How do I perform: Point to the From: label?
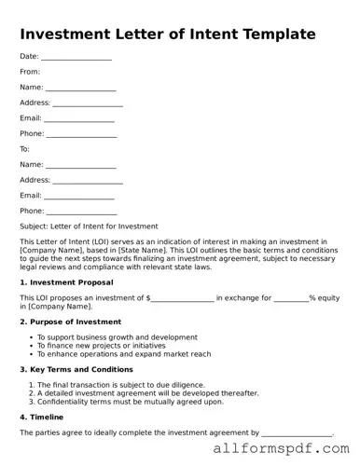[30, 71]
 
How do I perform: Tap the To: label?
[25, 148]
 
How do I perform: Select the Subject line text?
[89, 226]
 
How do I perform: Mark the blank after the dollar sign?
[182, 298]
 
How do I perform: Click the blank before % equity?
[291, 298]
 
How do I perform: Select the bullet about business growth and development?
[117, 336]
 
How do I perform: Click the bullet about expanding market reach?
[124, 354]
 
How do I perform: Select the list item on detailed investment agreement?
[147, 393]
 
